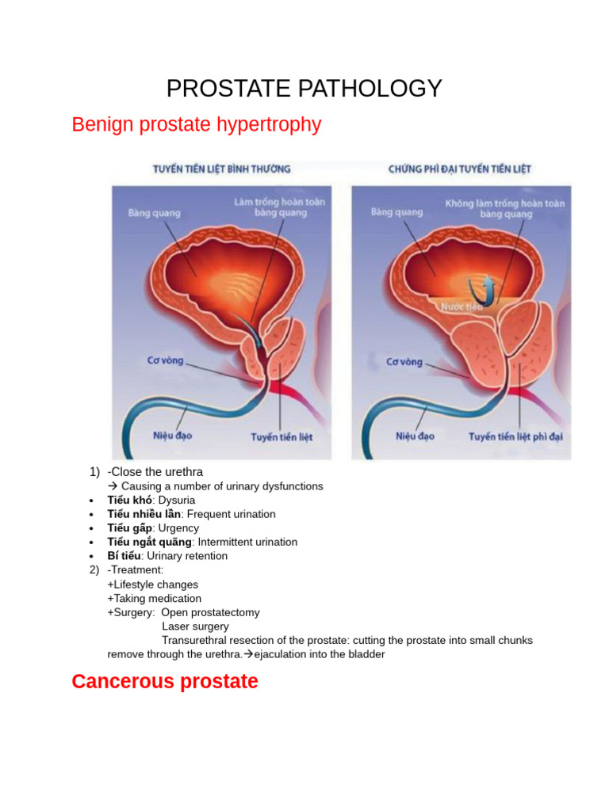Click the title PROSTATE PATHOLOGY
304,89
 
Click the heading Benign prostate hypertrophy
196,125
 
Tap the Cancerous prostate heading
164,681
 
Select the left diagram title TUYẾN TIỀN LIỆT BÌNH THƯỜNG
221,169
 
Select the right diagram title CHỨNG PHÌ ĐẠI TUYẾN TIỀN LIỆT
459,169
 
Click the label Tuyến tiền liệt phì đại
515,436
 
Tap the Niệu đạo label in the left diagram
172,436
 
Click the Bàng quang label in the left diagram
154,212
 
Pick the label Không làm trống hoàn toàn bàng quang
505,208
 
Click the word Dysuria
177,501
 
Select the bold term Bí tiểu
124,556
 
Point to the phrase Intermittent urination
247,543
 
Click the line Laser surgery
195,626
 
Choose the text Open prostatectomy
210,612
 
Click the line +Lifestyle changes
152,584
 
